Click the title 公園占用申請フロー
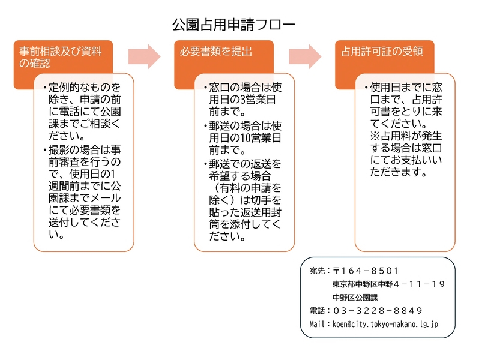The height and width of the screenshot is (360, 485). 234,25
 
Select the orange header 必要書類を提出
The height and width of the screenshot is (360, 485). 216,52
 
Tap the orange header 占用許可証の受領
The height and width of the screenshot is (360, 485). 382,52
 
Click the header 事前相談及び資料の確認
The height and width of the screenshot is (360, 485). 60,57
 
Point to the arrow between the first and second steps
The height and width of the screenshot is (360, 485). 145,56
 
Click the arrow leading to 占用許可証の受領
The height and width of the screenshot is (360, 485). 306,56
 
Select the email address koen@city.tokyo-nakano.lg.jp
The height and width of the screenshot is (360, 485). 385,324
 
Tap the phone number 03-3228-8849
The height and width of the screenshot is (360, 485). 378,311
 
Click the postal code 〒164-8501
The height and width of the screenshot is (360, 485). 366,271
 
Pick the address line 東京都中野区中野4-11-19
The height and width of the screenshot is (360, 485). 389,284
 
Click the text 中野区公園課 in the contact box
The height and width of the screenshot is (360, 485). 355,298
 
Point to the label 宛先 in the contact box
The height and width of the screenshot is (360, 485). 317,271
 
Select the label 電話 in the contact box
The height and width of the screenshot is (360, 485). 317,311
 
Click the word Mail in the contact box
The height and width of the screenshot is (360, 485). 317,324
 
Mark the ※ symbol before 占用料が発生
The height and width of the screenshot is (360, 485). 375,136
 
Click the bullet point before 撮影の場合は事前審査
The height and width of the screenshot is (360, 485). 45,151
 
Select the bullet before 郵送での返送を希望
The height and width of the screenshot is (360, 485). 206,164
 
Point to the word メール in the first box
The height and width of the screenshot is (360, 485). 106,198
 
